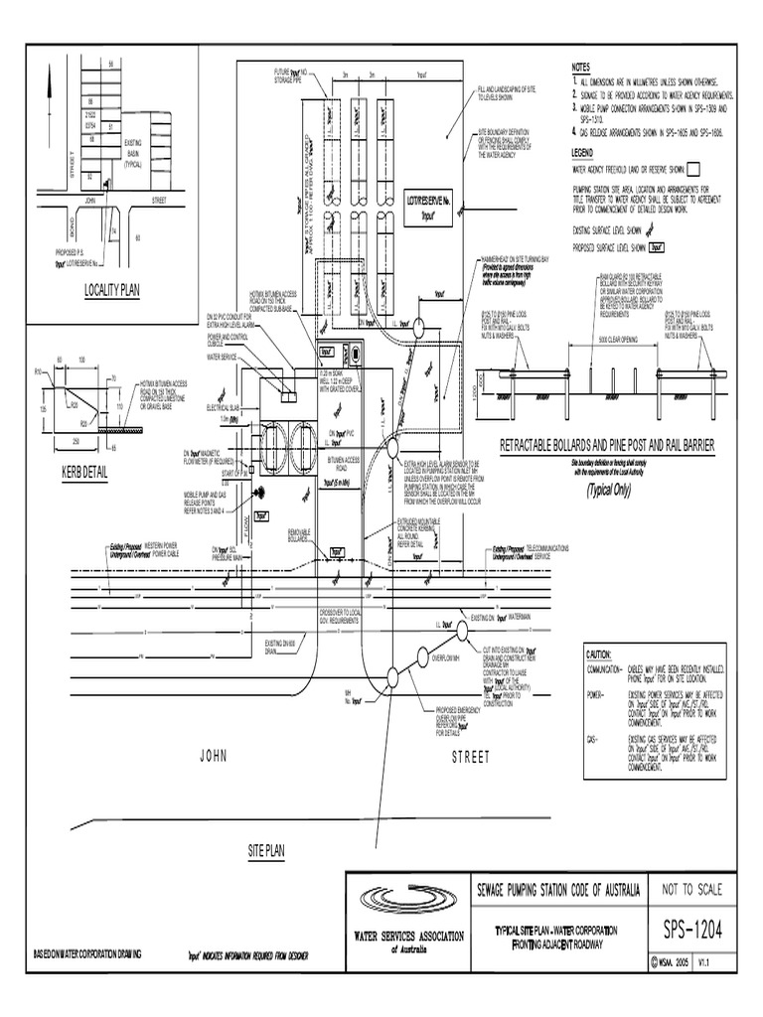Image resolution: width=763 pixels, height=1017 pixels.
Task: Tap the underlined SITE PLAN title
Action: [x=266, y=852]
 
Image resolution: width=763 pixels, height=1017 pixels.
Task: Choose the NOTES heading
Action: [x=581, y=67]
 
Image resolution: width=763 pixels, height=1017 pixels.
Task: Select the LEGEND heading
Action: [x=582, y=153]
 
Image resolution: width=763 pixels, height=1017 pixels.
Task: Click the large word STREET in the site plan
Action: [x=471, y=757]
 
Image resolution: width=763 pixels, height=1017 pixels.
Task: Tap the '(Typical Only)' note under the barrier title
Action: [x=607, y=490]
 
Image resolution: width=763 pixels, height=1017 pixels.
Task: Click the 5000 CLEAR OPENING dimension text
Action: [x=616, y=338]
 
